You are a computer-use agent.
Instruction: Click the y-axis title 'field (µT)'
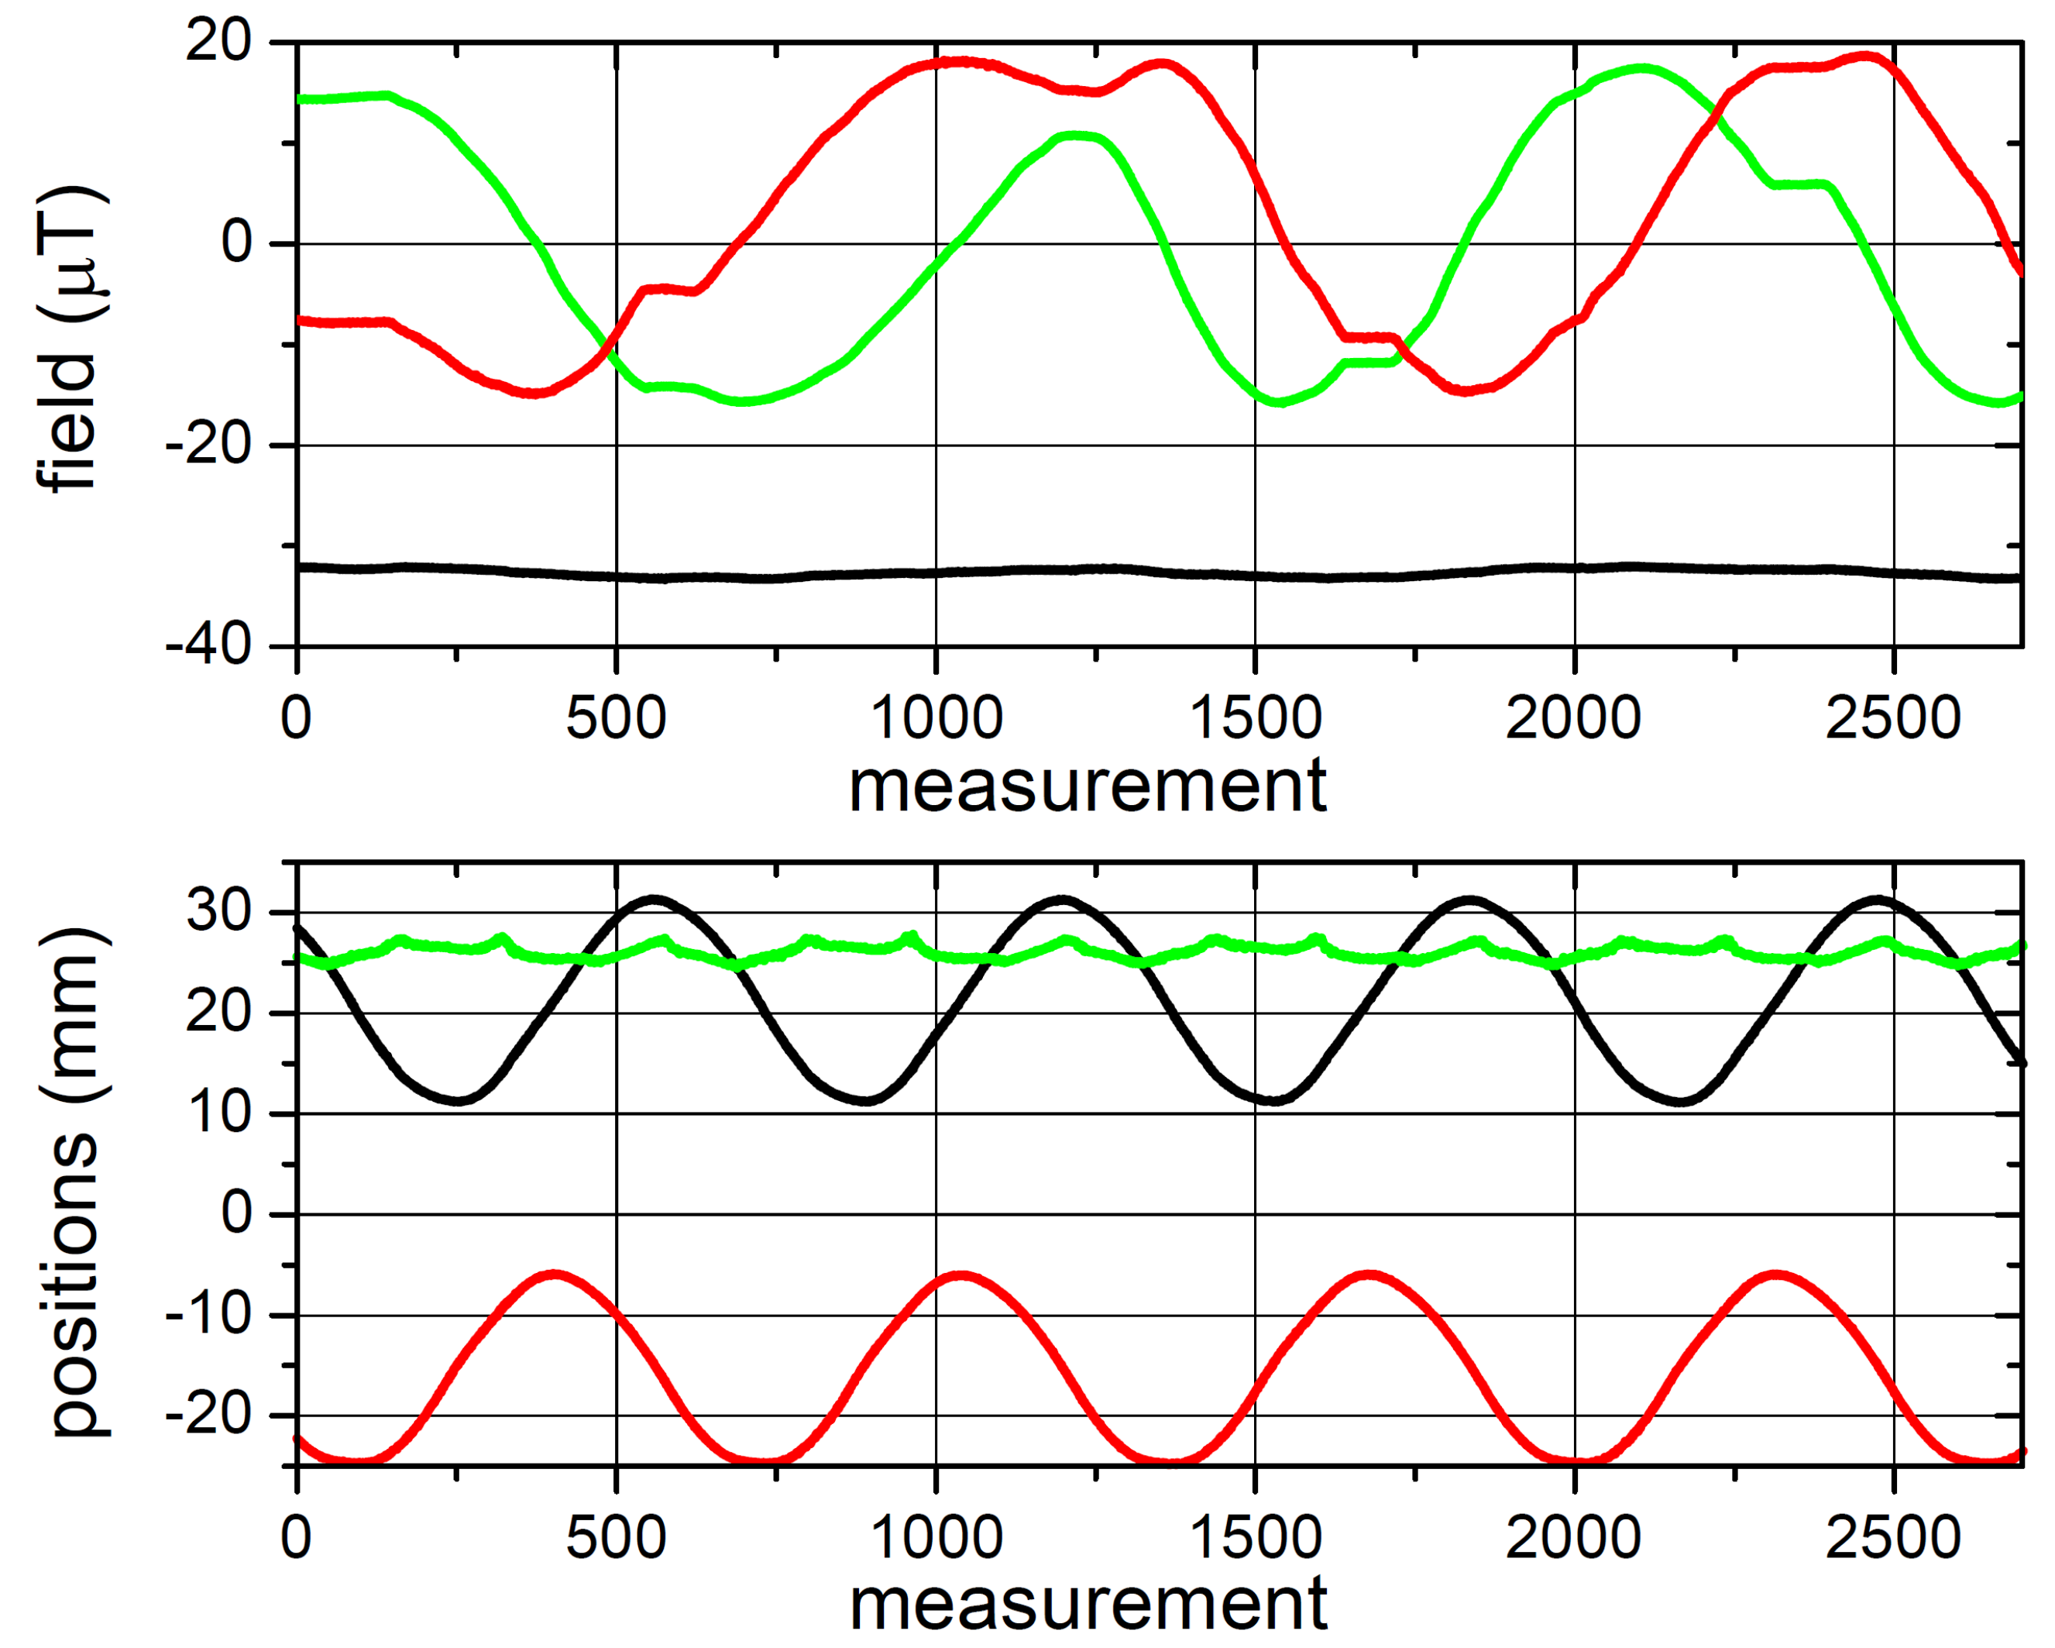coord(70,339)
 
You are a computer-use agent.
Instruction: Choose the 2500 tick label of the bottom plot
coord(1893,1537)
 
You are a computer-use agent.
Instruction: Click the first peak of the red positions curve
coord(554,1275)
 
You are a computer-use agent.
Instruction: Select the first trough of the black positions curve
coord(459,1101)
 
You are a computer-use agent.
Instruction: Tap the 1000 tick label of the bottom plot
coord(936,1537)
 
